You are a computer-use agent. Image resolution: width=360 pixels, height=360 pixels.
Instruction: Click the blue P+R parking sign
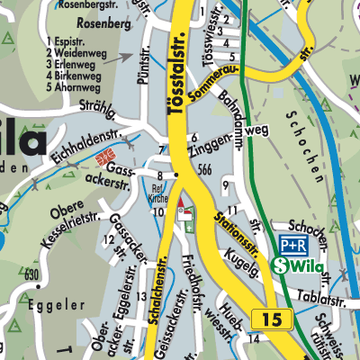click(x=293, y=245)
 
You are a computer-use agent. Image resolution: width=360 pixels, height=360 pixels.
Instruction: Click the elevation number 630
click(x=32, y=274)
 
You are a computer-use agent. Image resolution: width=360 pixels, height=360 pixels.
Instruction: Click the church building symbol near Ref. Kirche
click(x=184, y=211)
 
